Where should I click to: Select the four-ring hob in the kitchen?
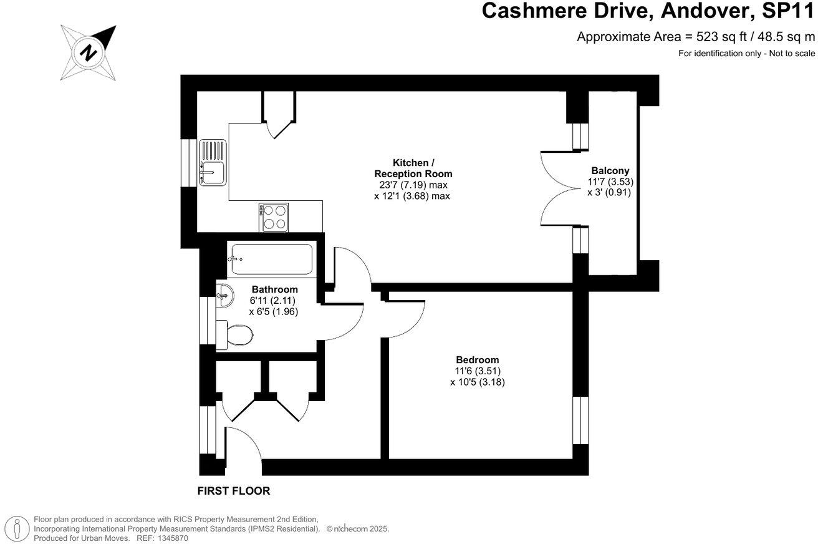click(x=274, y=217)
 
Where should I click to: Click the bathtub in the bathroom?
click(x=271, y=259)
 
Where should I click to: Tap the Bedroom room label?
click(x=477, y=360)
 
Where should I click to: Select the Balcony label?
click(x=610, y=170)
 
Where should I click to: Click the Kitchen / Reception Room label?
click(x=413, y=168)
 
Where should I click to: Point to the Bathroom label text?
click(x=274, y=289)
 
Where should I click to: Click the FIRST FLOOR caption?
click(x=234, y=491)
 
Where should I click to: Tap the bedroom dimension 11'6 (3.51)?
click(x=477, y=371)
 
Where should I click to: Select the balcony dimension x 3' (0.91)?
click(x=609, y=193)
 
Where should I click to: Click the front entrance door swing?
click(x=243, y=446)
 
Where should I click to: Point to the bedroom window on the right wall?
click(x=580, y=420)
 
